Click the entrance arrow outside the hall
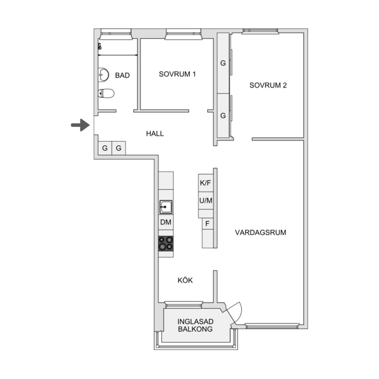click(81, 125)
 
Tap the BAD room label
click(122, 75)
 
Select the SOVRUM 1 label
click(177, 74)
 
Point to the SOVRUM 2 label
click(268, 85)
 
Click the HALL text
click(155, 134)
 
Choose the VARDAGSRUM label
click(261, 232)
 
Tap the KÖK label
click(185, 280)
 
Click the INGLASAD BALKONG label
click(195, 325)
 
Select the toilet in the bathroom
click(106, 93)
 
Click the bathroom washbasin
click(104, 75)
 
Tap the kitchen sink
click(166, 207)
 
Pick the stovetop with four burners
click(166, 243)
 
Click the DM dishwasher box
click(166, 222)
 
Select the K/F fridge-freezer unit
click(206, 183)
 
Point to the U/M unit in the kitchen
click(206, 201)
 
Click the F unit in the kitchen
click(208, 224)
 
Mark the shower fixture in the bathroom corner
click(100, 46)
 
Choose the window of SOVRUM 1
click(184, 34)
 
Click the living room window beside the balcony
click(272, 326)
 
